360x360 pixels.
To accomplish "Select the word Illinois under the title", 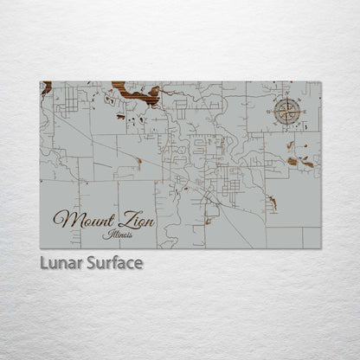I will coord(118,234).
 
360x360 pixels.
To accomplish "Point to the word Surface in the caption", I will coord(114,262).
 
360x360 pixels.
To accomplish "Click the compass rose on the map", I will coord(288,112).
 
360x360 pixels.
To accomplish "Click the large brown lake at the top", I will coord(136,91).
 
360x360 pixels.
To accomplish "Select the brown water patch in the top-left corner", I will coord(46,87).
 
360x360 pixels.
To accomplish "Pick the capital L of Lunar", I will coord(43,262).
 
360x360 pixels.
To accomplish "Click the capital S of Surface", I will coord(91,262).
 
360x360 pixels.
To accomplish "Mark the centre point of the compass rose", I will coord(288,112).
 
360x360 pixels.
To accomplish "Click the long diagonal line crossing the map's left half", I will coord(104,138).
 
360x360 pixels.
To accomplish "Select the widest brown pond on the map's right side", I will coord(307,164).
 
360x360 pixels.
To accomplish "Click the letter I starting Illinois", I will coord(104,233).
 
